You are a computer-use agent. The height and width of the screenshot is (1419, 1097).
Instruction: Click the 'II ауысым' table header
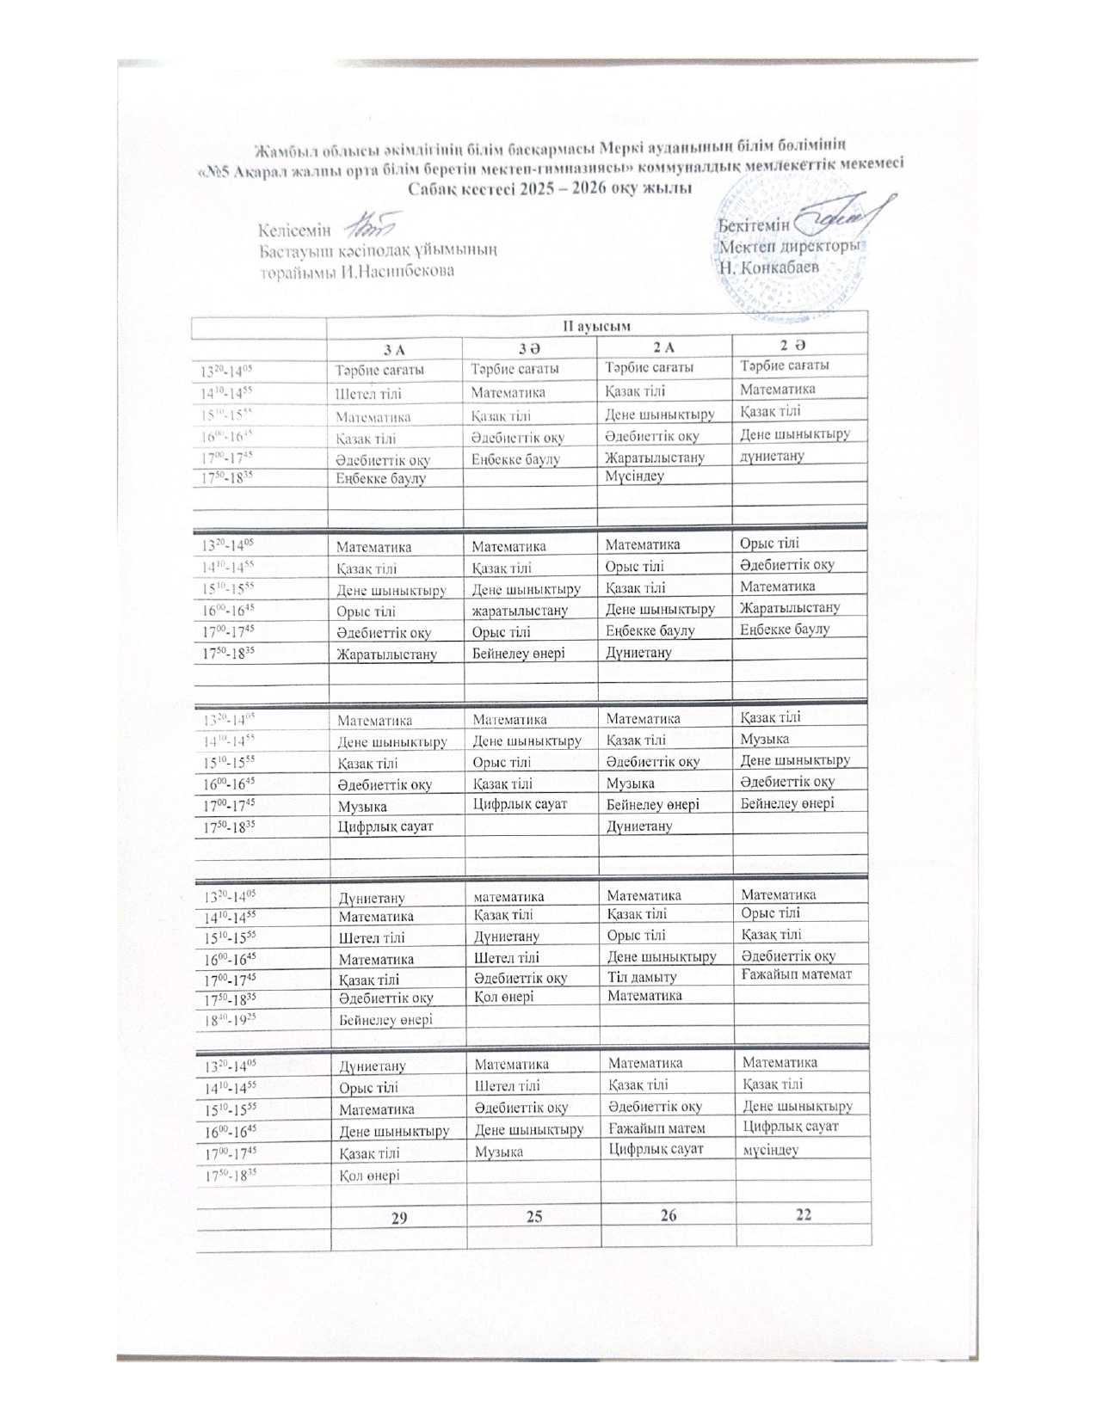click(597, 326)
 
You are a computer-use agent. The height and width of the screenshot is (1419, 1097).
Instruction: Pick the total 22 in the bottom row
click(804, 1213)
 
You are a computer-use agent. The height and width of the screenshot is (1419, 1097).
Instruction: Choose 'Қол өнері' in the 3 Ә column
click(504, 997)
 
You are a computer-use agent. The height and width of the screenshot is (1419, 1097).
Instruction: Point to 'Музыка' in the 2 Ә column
click(765, 739)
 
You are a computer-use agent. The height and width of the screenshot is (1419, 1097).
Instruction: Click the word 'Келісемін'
click(295, 230)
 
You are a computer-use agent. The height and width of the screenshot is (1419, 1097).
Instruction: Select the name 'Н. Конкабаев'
click(769, 267)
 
